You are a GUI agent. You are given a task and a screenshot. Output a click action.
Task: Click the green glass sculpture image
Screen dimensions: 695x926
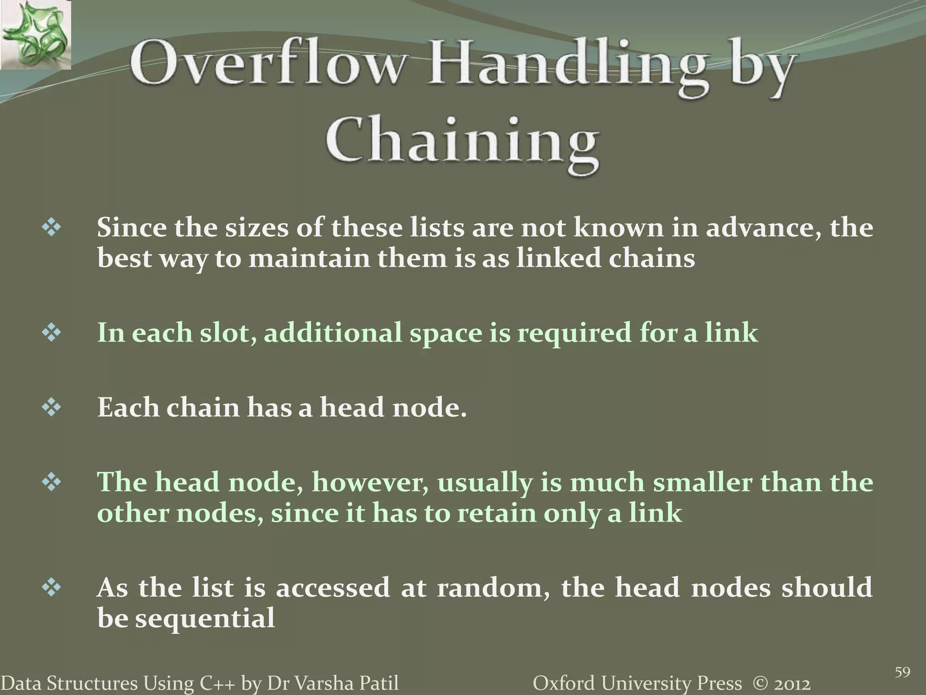click(35, 35)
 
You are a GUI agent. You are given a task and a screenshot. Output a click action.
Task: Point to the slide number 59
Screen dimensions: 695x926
click(902, 672)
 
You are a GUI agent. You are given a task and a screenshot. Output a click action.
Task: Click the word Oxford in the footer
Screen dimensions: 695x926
click(561, 684)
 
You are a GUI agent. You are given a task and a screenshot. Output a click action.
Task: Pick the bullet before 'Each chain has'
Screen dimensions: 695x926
click(52, 408)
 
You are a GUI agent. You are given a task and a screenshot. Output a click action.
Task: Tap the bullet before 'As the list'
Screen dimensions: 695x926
click(52, 588)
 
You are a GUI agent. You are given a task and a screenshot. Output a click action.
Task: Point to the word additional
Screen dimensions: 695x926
click(333, 333)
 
